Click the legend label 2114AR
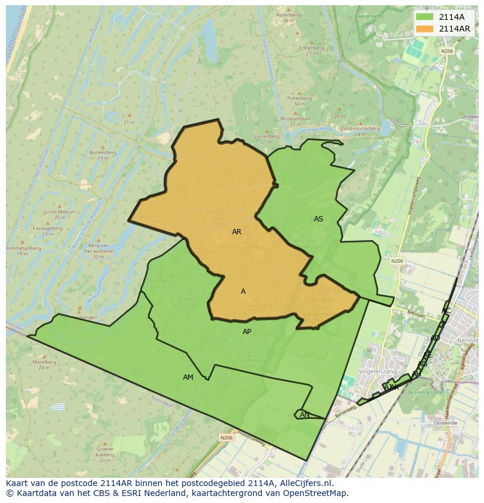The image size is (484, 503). (x=454, y=29)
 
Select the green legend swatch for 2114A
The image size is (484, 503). (x=424, y=17)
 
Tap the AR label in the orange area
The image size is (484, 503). (x=237, y=232)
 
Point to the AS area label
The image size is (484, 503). (x=318, y=219)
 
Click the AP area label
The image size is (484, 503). (x=247, y=332)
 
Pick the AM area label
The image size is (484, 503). (x=188, y=377)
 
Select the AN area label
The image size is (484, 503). (x=305, y=415)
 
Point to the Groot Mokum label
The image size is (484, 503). (x=58, y=211)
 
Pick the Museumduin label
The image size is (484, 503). (x=295, y=119)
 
